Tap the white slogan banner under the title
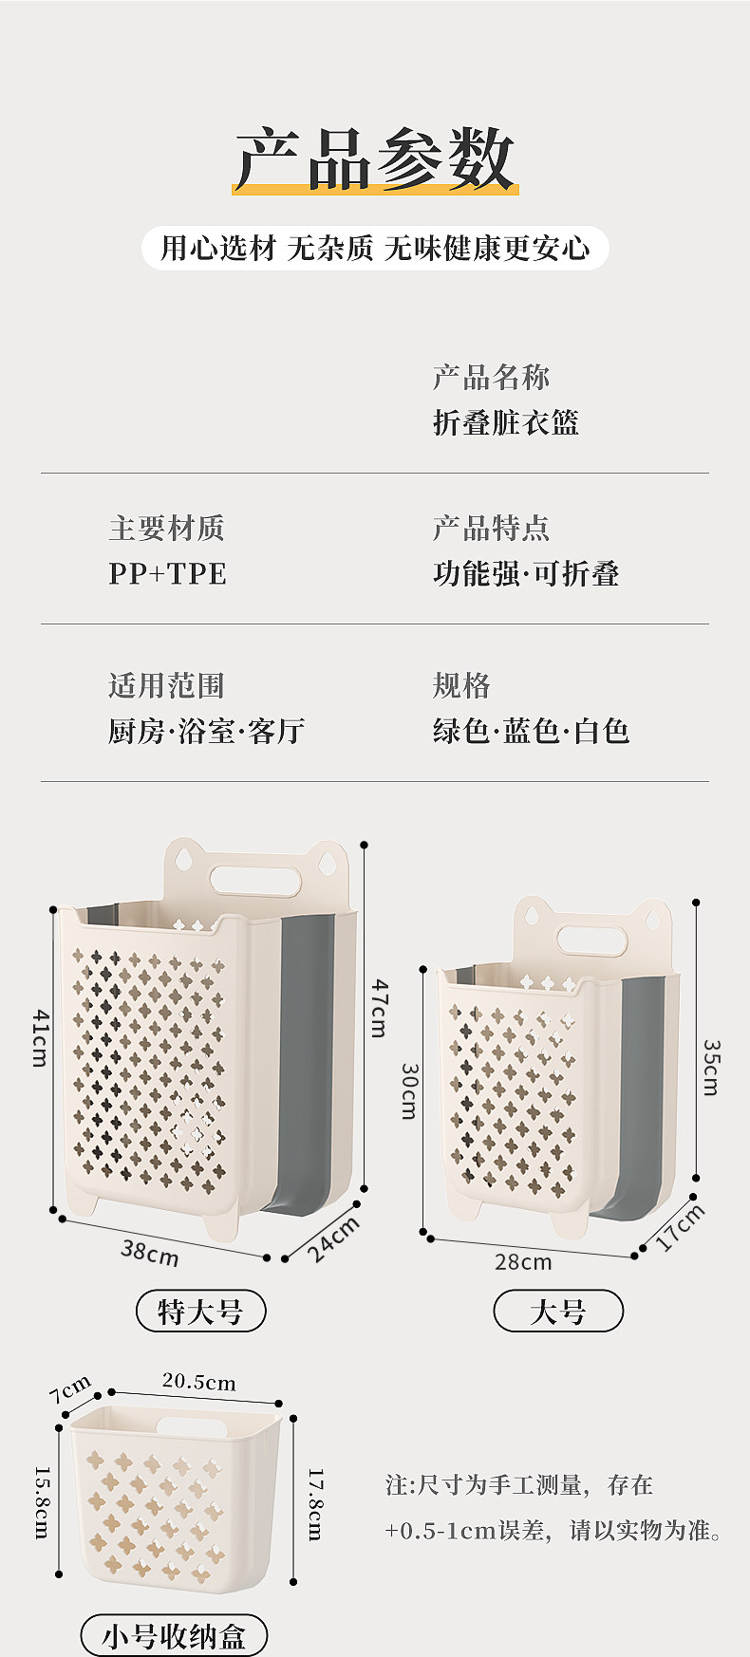tap(375, 249)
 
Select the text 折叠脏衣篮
tap(505, 422)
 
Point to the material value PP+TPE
tap(167, 573)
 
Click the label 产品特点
tap(491, 528)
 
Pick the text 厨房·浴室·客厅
tap(206, 731)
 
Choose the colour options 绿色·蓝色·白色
tap(531, 731)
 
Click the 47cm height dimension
tap(379, 1008)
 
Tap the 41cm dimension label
tap(40, 1037)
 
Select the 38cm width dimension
tap(149, 1252)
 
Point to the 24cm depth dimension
tap(333, 1239)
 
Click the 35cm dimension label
tap(711, 1068)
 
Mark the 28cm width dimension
tap(523, 1262)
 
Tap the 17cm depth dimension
tap(681, 1228)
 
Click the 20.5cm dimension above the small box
tap(198, 1382)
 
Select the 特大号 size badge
tap(200, 1312)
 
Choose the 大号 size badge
tap(558, 1312)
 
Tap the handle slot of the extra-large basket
tap(255, 878)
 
